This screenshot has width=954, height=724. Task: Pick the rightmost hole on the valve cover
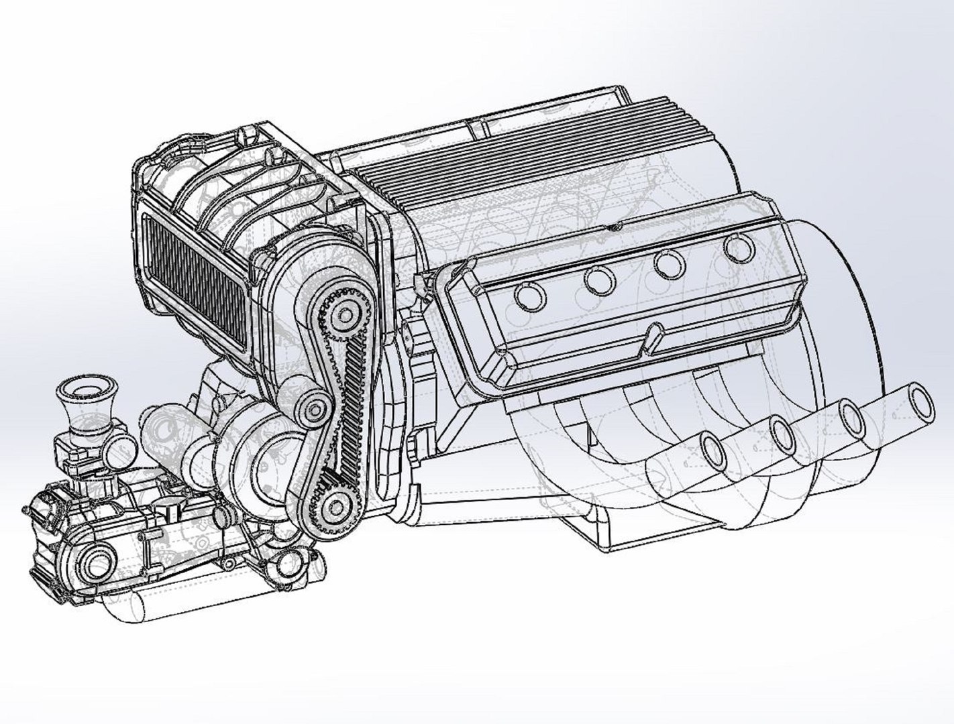tap(739, 248)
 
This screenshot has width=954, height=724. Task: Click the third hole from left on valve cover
tap(668, 263)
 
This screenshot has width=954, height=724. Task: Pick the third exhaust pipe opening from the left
tap(853, 416)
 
